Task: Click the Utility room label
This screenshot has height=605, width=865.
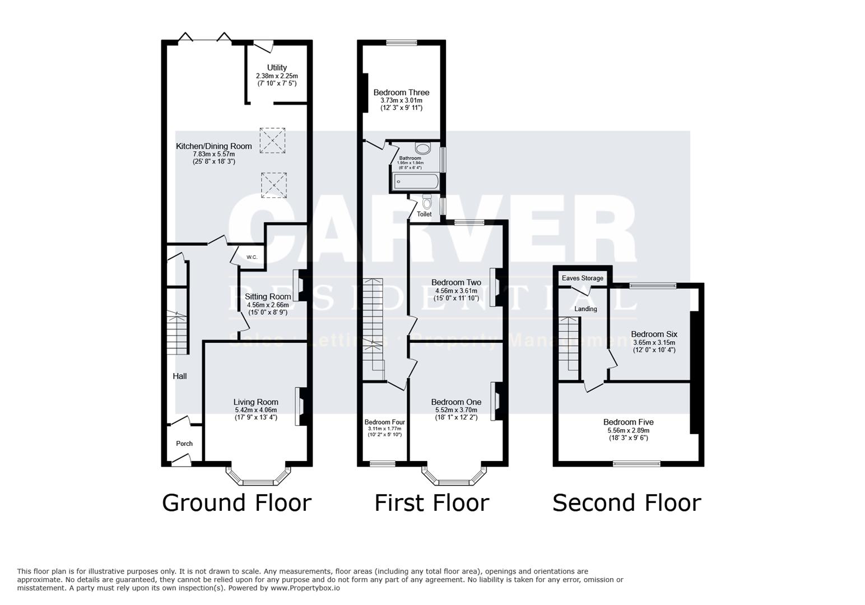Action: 277,68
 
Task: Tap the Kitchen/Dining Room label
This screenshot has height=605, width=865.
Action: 214,146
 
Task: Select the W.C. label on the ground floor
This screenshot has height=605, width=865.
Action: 252,257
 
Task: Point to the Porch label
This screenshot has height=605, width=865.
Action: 184,444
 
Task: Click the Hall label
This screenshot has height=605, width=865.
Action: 180,376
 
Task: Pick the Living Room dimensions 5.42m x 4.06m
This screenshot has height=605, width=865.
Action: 255,410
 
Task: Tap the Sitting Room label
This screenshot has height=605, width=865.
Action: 268,297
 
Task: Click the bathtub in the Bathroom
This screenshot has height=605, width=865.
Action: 416,181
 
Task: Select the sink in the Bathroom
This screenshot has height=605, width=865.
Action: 422,148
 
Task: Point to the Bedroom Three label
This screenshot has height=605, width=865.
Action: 401,92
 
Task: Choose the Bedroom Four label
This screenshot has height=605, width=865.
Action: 384,422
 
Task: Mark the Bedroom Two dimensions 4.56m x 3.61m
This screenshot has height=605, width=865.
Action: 456,291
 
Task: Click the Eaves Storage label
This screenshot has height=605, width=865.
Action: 583,278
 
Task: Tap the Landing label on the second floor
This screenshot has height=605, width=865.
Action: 586,309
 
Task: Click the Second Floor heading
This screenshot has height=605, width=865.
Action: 626,503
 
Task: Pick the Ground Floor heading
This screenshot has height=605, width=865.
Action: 236,503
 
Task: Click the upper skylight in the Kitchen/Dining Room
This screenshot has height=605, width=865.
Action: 273,140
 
